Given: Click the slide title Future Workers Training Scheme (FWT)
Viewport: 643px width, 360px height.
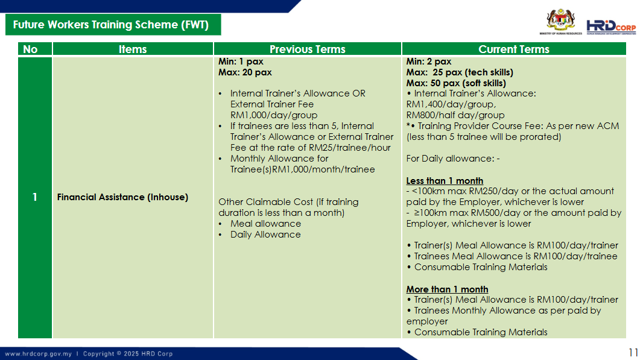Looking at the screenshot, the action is tap(111, 25).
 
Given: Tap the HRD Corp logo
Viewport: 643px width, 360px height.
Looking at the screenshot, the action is tap(611, 27).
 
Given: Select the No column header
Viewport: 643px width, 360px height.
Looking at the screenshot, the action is tap(30, 49).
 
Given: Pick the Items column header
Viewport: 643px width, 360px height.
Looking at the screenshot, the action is tap(133, 49).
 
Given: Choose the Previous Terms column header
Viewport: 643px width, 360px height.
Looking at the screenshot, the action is tap(307, 49).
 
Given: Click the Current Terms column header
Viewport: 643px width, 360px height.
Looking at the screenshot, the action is tap(514, 49).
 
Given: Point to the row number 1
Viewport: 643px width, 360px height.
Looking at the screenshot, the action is tap(34, 197).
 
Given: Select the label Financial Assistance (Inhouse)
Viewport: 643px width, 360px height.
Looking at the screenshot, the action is tap(122, 197).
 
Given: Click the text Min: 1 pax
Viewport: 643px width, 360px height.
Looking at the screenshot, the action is tap(241, 62).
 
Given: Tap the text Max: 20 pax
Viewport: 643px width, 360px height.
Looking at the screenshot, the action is tap(245, 72).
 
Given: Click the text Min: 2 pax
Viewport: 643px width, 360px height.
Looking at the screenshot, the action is tap(428, 62).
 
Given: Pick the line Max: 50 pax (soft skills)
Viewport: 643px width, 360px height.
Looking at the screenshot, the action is tap(456, 83).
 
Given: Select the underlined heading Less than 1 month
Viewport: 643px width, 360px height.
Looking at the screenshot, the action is tap(445, 181).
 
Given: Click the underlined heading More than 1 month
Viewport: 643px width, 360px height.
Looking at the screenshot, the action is tap(447, 289).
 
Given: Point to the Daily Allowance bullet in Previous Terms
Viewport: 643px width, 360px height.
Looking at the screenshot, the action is tap(265, 235).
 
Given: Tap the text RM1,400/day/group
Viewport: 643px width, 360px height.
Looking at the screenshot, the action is tap(451, 104).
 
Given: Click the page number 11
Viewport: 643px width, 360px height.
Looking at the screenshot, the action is tap(633, 353).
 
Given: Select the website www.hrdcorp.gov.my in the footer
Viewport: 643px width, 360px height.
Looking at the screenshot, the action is tap(38, 353).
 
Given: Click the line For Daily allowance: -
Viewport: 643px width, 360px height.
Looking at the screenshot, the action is tap(453, 159).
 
